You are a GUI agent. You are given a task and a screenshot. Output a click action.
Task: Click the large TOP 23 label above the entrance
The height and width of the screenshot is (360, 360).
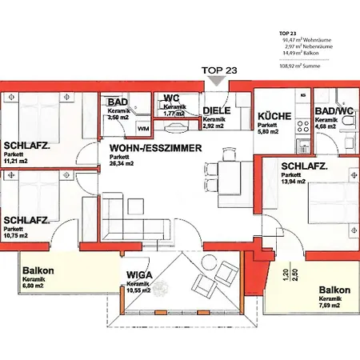[x=220, y=70]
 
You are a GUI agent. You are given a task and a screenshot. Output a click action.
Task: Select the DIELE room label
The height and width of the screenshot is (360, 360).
[x=217, y=110]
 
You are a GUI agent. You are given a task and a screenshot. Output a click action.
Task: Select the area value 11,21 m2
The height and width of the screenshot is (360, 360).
[x=15, y=160]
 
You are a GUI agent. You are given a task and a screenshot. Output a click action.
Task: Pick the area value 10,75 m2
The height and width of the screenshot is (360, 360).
[x=15, y=236]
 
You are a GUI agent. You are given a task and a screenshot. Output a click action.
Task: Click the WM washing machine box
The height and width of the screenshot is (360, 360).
[x=143, y=128]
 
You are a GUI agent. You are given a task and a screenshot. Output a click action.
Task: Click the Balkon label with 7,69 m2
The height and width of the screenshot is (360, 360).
[x=334, y=290]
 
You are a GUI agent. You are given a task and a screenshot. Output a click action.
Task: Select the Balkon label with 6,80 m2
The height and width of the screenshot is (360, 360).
[x=38, y=270]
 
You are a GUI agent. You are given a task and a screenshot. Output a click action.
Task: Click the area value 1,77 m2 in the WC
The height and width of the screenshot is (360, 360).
[x=173, y=114]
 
